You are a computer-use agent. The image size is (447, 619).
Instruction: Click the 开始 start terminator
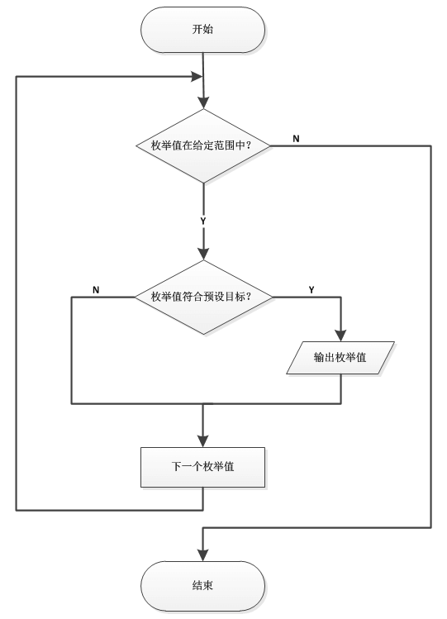click(202, 31)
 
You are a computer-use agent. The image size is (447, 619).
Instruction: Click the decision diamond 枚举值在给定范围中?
click(202, 146)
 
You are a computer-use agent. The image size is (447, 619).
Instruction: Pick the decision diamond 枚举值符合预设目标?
click(202, 297)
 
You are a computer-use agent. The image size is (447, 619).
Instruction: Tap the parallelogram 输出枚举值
click(340, 358)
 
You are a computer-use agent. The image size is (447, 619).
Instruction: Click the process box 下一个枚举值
click(202, 467)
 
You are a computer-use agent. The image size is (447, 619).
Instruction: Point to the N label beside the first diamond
click(296, 137)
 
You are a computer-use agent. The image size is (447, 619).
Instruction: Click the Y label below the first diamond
click(202, 221)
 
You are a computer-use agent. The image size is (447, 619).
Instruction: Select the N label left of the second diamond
click(96, 289)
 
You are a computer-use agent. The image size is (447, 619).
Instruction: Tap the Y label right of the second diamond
click(311, 289)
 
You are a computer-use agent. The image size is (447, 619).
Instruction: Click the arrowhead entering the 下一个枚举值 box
click(202, 440)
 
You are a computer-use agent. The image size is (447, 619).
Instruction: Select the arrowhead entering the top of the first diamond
click(202, 102)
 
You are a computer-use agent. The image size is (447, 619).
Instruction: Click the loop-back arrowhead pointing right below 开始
click(197, 76)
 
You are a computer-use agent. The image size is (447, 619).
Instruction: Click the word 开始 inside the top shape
click(202, 31)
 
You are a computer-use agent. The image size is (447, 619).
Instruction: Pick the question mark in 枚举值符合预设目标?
click(250, 297)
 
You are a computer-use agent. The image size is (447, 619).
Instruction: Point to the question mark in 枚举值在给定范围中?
click(250, 146)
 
